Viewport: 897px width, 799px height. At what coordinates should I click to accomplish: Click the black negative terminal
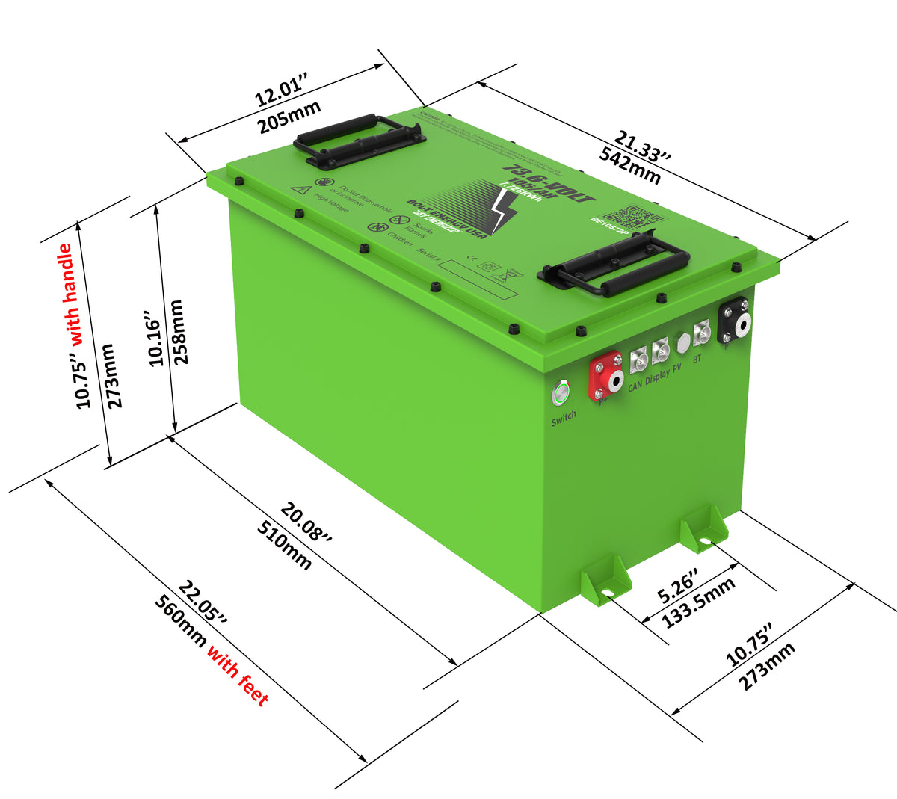coord(735,322)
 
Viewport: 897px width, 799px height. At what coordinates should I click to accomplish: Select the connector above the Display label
coord(660,351)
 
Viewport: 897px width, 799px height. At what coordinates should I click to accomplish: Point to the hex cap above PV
coord(682,342)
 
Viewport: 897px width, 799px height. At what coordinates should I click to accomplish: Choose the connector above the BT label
coord(702,333)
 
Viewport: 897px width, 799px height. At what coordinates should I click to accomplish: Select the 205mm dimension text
coord(289,117)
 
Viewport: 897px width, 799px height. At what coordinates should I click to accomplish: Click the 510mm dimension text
coord(285,546)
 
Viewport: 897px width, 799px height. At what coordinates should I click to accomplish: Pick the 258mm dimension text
coord(179,331)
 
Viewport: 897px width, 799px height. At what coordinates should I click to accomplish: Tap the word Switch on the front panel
coord(564,418)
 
